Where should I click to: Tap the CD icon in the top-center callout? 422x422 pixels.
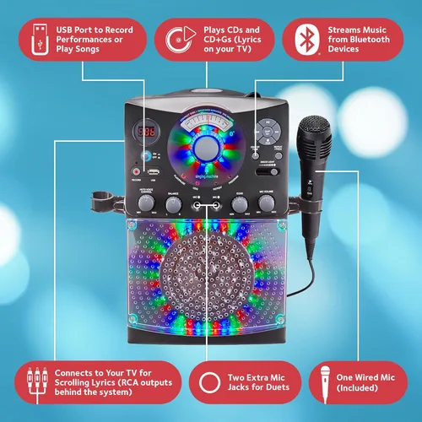[176, 37]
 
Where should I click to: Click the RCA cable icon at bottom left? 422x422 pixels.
[35, 381]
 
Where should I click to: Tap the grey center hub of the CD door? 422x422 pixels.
[206, 148]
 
